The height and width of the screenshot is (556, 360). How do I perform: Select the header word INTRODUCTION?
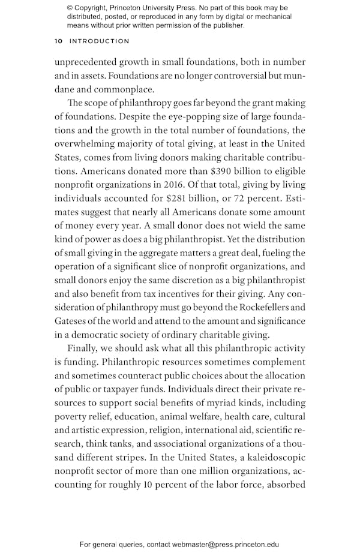point(100,41)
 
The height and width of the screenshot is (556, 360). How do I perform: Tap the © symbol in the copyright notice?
point(70,8)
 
